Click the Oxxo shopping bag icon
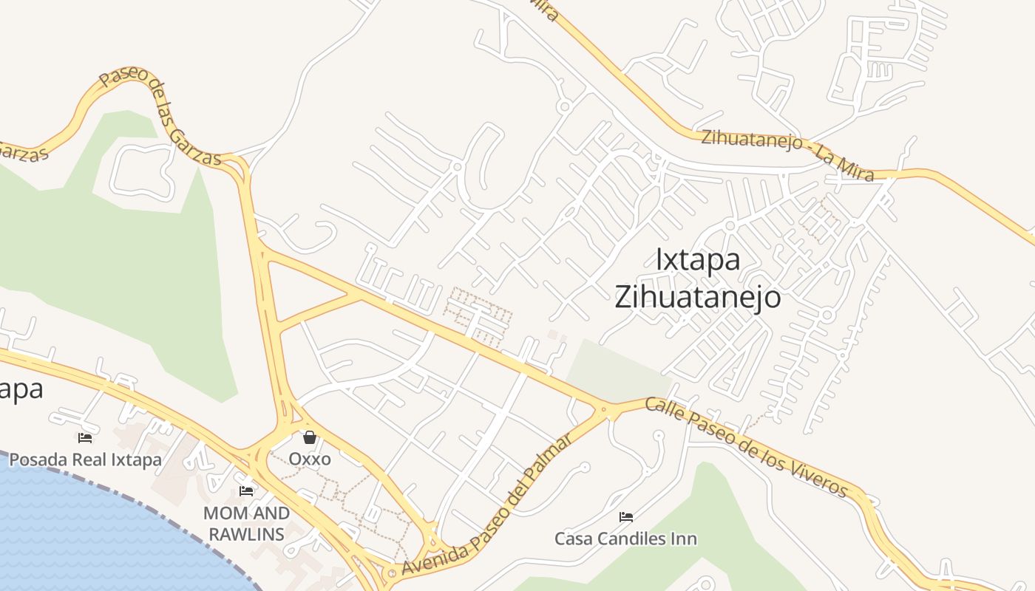point(310,437)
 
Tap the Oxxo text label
point(310,459)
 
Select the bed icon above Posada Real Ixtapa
point(85,438)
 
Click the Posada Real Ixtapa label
point(85,460)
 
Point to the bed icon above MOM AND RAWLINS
point(246,491)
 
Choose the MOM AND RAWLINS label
point(246,523)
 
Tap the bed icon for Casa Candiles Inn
point(626,517)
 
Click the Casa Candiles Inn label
point(626,539)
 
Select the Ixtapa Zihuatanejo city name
point(698,279)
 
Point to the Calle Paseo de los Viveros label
point(747,447)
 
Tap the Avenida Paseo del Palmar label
point(487,507)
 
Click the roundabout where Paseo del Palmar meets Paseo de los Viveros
point(608,409)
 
